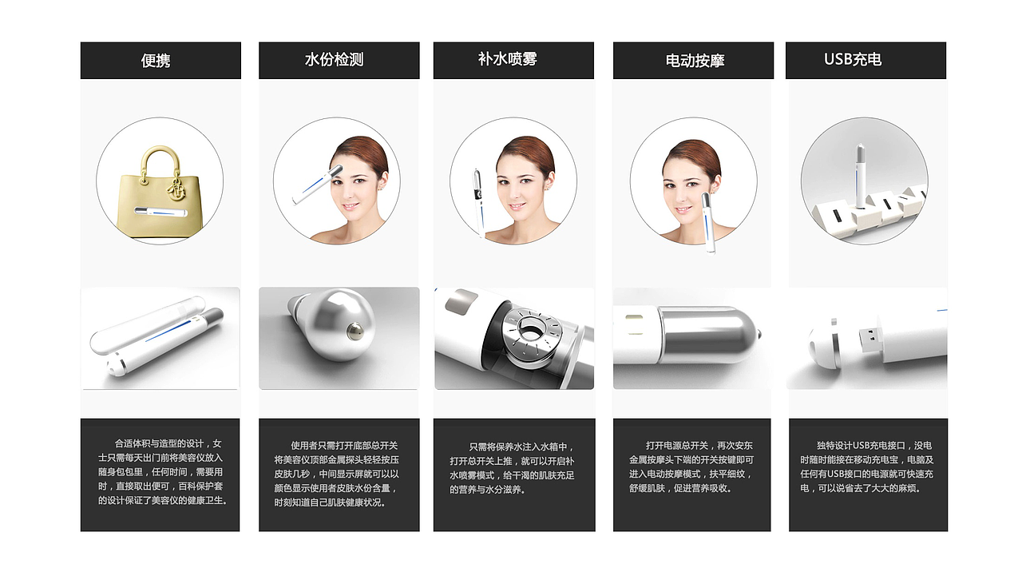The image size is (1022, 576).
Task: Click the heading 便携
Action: pyautogui.click(x=156, y=60)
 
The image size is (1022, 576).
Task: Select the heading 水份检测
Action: pyautogui.click(x=334, y=59)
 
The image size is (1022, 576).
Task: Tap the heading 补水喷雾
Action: pyautogui.click(x=508, y=59)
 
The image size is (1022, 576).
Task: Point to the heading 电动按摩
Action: pyautogui.click(x=695, y=60)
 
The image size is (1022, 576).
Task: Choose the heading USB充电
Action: pyautogui.click(x=853, y=59)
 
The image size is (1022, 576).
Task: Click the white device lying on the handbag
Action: pyautogui.click(x=161, y=212)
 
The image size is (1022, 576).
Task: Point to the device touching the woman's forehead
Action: pyautogui.click(x=317, y=185)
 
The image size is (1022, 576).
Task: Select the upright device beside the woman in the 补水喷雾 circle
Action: pyautogui.click(x=477, y=203)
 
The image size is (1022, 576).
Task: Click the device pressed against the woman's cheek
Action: pyautogui.click(x=707, y=223)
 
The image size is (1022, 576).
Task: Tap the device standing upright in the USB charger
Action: pyautogui.click(x=860, y=176)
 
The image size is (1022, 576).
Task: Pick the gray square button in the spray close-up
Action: pyautogui.click(x=461, y=302)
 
